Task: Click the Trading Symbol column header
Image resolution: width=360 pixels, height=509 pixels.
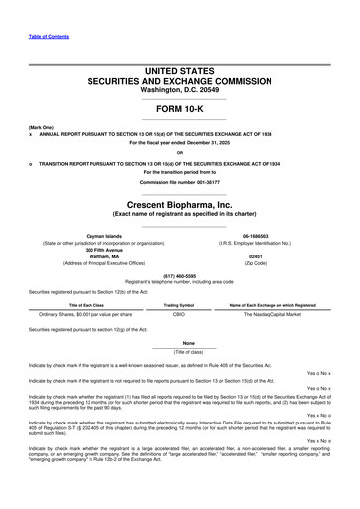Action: click(178, 305)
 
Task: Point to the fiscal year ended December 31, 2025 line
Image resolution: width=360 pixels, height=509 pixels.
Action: click(180, 143)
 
